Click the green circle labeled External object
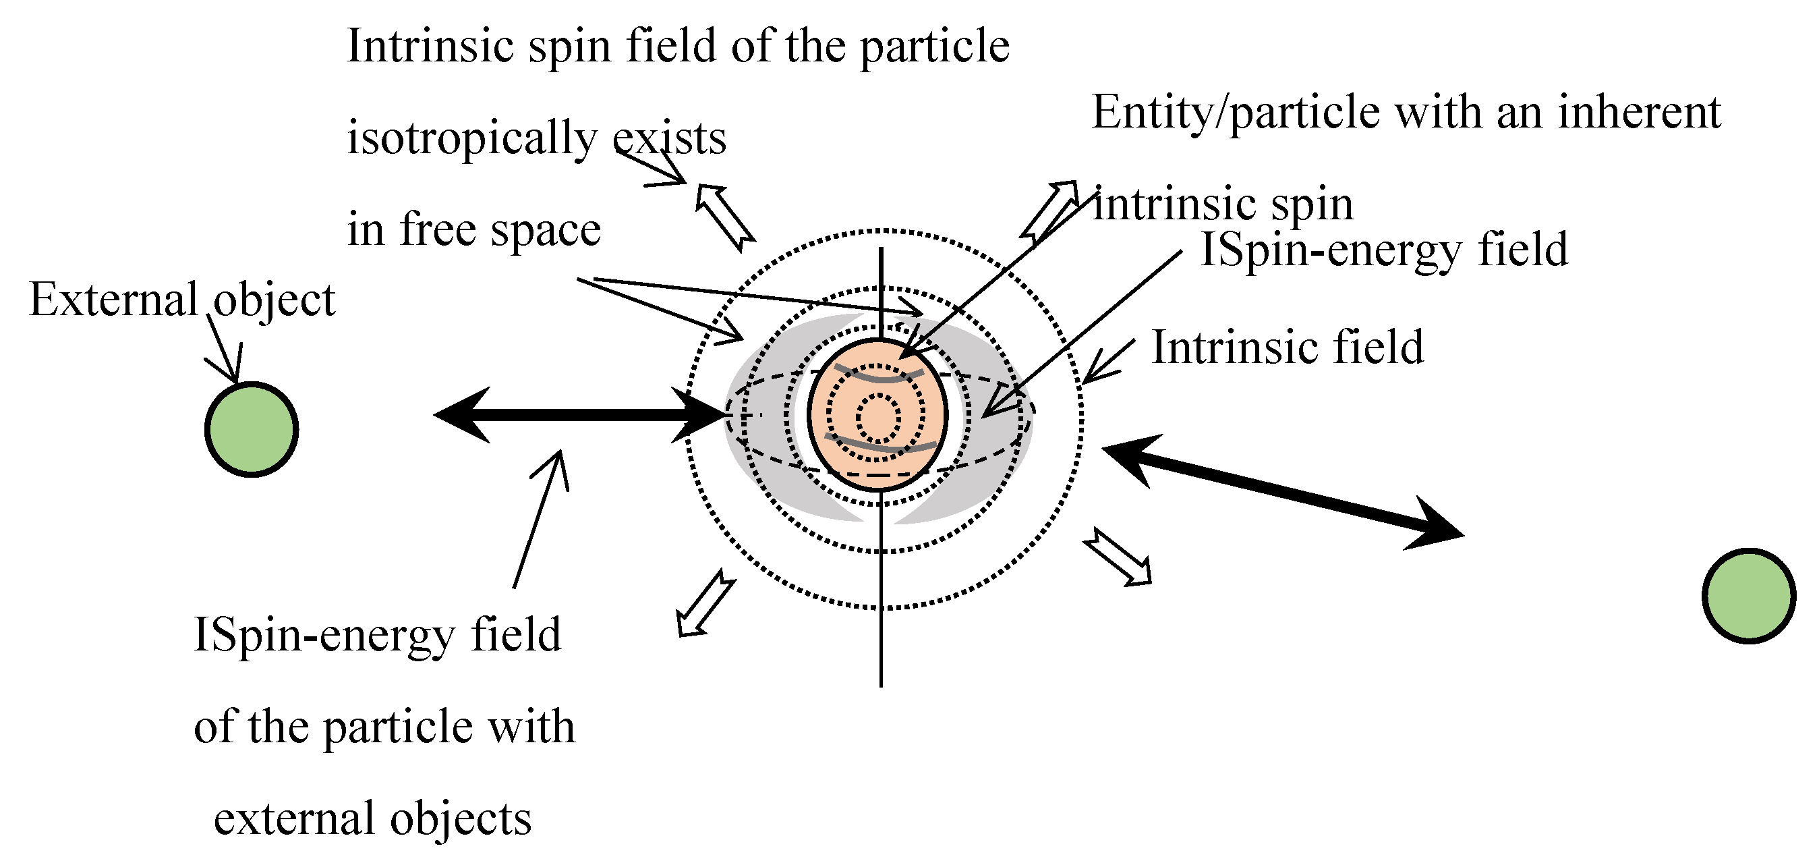252,429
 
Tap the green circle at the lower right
1748,595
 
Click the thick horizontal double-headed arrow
579,414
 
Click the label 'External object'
181,300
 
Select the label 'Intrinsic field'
1288,348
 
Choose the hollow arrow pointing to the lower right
1118,557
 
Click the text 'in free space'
473,229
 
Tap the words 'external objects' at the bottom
372,818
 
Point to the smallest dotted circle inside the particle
877,418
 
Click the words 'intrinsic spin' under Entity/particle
1223,205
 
